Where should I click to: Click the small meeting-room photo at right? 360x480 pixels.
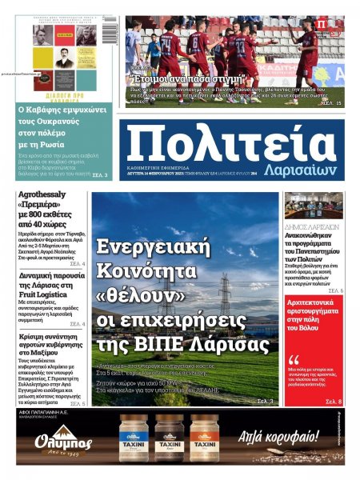(313, 205)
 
